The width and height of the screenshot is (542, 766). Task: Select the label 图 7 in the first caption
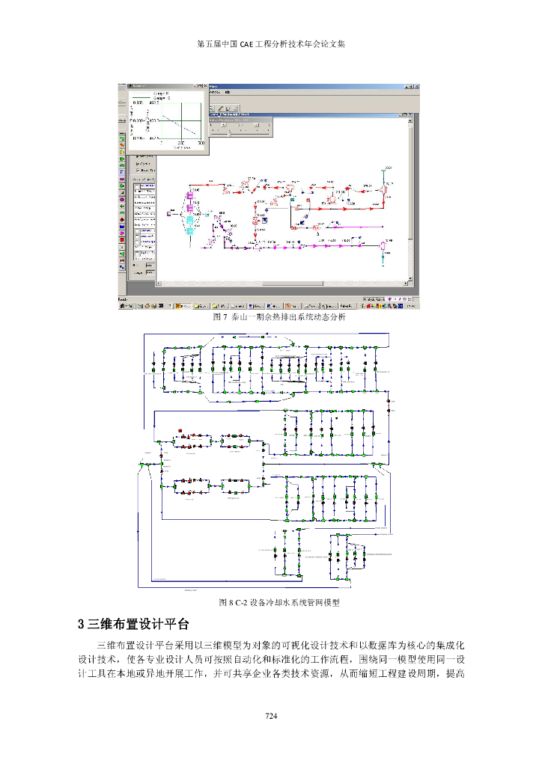[x=219, y=317]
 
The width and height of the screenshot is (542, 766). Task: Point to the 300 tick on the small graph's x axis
[x=201, y=142]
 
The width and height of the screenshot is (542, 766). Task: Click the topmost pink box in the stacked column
[x=189, y=197]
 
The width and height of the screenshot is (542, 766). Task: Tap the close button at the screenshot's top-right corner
[x=415, y=88]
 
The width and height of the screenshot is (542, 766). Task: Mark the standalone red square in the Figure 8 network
[x=180, y=429]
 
